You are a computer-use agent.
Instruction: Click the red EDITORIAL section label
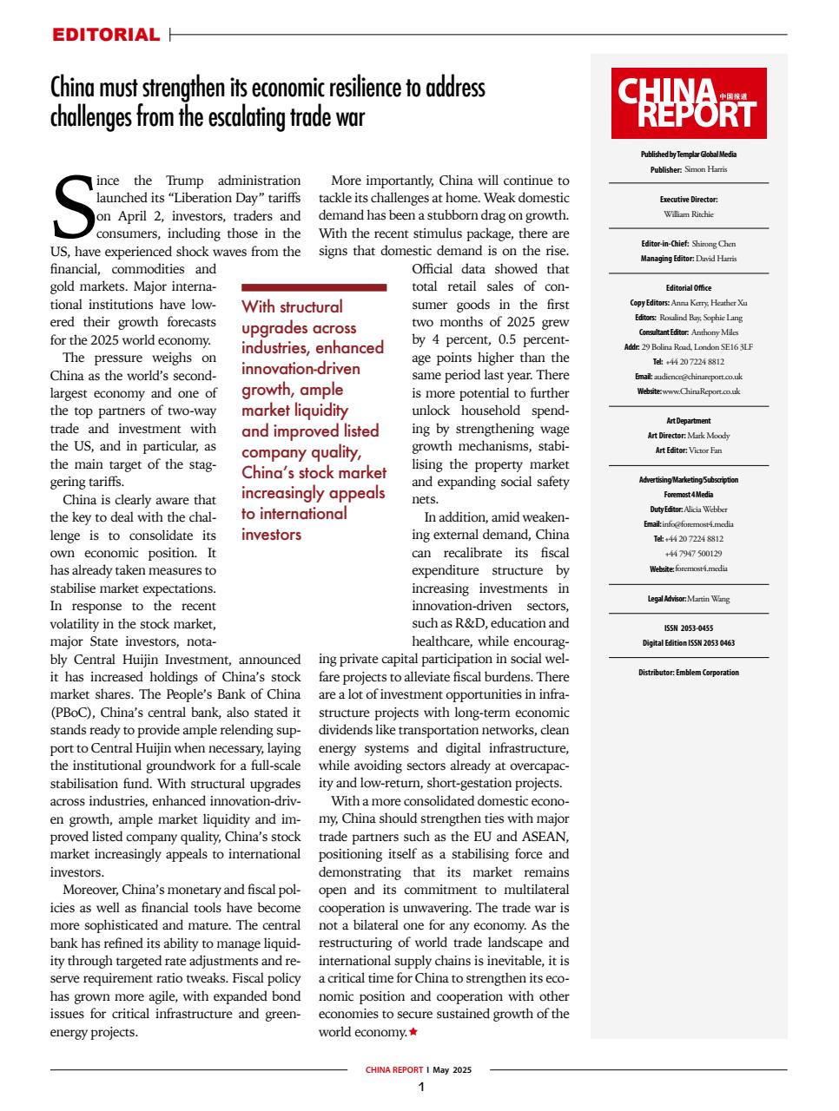(106, 35)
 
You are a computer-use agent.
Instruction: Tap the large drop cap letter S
(72, 207)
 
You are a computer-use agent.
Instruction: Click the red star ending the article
(413, 1032)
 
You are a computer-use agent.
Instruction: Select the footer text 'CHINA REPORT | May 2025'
(419, 1070)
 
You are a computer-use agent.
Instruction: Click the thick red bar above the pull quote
(314, 286)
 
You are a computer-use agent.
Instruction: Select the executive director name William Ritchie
(689, 213)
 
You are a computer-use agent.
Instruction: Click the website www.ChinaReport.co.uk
(700, 391)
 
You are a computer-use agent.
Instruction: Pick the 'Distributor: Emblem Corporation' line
(689, 673)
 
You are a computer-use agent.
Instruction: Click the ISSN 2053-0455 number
(689, 628)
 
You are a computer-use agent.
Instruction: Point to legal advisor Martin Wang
(708, 599)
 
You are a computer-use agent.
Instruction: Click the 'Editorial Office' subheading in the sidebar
(689, 288)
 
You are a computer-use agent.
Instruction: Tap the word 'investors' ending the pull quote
(271, 534)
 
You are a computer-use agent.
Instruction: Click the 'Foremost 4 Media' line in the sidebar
(689, 495)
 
